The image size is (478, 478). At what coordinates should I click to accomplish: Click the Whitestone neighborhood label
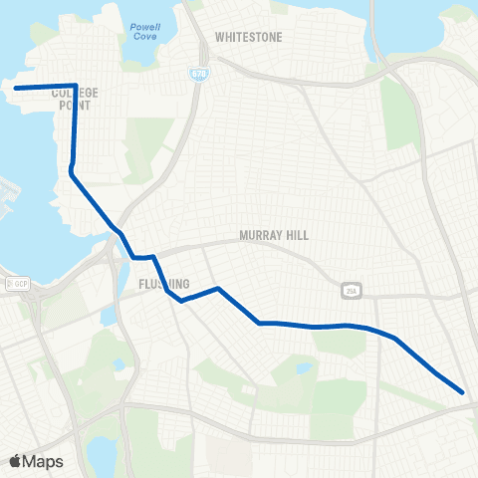249,37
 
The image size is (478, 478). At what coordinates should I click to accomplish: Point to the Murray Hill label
274,236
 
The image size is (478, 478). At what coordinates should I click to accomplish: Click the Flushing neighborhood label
158,283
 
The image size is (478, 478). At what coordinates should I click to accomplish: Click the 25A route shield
350,290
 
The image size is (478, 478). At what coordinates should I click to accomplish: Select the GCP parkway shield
19,284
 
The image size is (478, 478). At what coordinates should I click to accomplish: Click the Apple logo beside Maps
16,461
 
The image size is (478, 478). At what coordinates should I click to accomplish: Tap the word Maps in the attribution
44,461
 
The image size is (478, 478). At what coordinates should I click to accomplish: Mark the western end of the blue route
16,88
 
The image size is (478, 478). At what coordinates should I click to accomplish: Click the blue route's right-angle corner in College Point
77,86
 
